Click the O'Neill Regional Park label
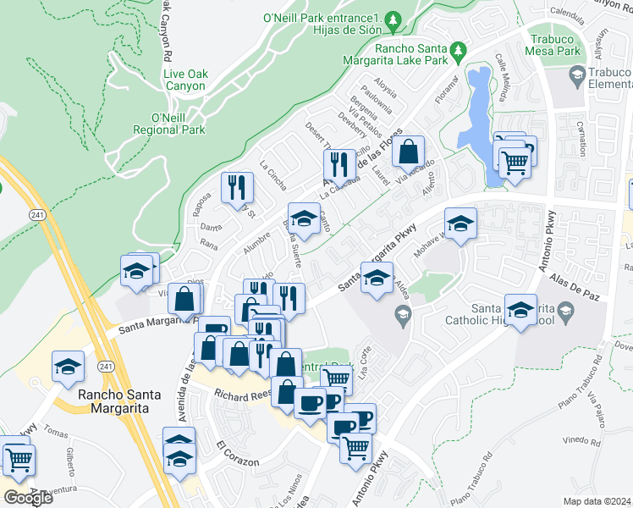(169, 124)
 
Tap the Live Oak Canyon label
(184, 80)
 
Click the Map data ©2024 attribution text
(597, 501)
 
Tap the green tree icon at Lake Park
(458, 51)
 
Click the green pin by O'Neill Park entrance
(392, 18)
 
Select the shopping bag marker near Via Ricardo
(408, 153)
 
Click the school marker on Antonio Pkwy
(520, 308)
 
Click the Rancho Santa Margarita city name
(113, 401)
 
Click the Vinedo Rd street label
(581, 440)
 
